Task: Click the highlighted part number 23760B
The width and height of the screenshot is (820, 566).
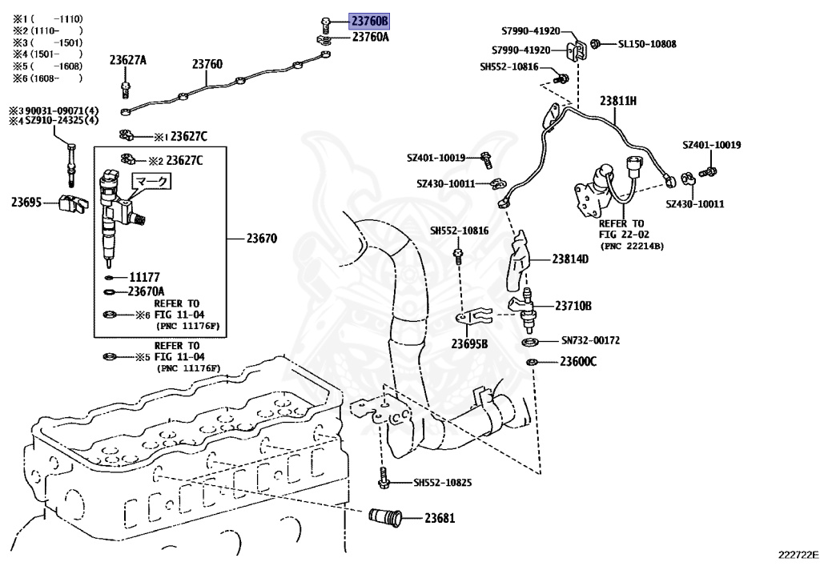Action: point(369,21)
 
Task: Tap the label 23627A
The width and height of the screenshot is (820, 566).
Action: point(128,60)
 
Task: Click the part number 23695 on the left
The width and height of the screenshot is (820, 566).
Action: point(26,203)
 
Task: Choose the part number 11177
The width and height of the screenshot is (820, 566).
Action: point(146,277)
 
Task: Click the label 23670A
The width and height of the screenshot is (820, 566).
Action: point(147,291)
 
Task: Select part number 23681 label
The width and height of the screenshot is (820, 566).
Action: point(440,517)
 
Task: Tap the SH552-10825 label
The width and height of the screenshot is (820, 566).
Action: point(442,483)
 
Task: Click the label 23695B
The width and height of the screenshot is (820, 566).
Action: point(468,344)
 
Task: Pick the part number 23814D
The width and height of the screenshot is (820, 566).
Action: point(569,259)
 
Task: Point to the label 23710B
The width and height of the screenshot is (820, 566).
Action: point(573,306)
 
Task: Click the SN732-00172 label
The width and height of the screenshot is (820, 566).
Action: point(590,341)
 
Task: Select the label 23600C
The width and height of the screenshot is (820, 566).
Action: point(577,362)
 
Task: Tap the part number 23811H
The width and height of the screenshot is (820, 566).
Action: point(618,100)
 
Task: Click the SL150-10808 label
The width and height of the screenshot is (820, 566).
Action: point(646,44)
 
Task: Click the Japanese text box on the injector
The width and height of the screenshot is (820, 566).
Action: point(151,182)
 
